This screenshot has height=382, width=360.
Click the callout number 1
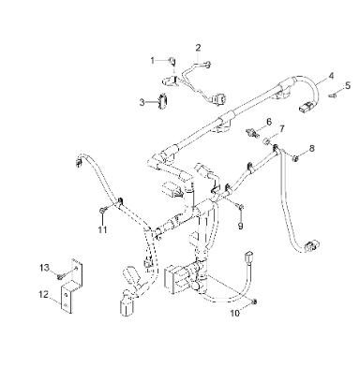pos(153,60)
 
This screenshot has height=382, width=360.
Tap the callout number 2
pos(198,48)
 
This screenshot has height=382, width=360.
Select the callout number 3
pos(142,102)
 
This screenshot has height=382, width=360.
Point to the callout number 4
pos(331,76)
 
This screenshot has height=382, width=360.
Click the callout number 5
pos(348,85)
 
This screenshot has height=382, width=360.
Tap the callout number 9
pos(240,226)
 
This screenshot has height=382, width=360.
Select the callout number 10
pos(235,313)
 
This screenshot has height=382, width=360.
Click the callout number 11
pos(102,230)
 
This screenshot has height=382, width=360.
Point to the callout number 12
pos(44,294)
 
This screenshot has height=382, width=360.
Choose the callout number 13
pos(44,268)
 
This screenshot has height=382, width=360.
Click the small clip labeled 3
pos(163,101)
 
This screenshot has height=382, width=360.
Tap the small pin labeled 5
pos(332,95)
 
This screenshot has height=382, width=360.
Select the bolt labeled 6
pos(252,133)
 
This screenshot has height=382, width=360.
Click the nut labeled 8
pos(294,159)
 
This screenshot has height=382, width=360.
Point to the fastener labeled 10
pos(254,301)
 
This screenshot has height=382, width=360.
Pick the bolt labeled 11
pos(103,211)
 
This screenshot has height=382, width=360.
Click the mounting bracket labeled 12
pos(71,286)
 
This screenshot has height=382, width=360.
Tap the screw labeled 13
pos(60,276)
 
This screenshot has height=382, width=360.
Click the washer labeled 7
pos(267,141)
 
